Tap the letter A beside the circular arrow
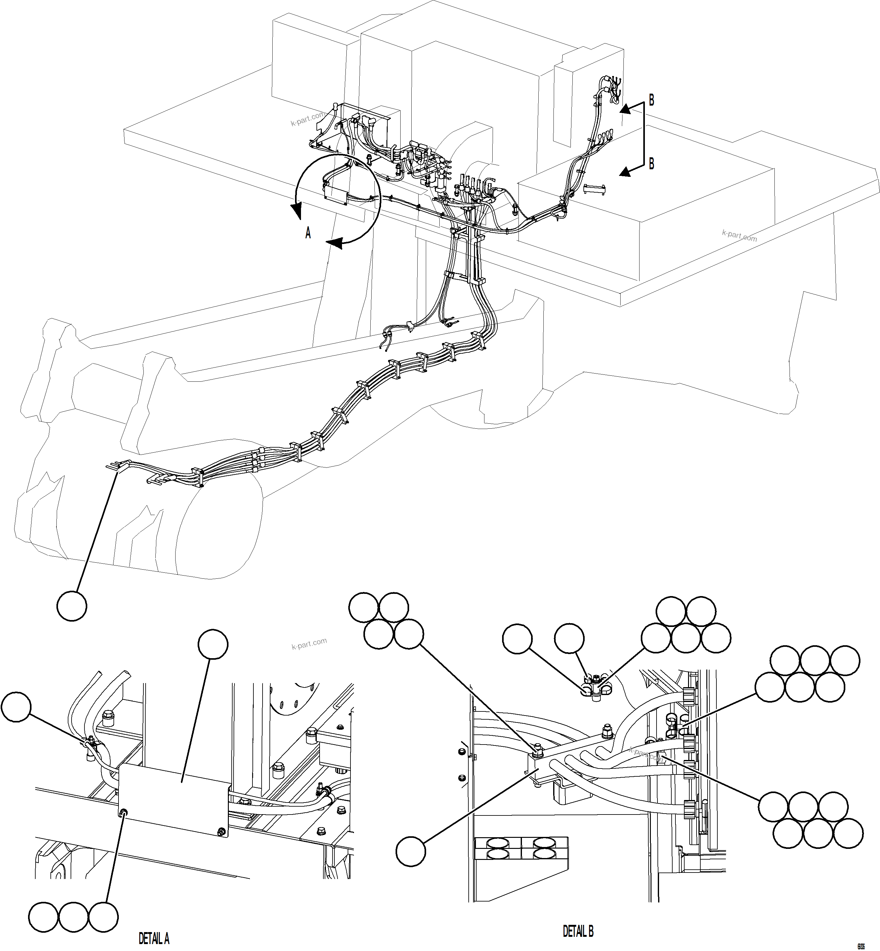pyautogui.click(x=308, y=233)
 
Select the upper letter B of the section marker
pyautogui.click(x=651, y=101)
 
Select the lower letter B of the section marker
pyautogui.click(x=651, y=163)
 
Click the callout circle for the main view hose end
pyautogui.click(x=72, y=606)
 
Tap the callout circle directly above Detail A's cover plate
pyautogui.click(x=213, y=644)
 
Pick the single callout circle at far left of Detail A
pyautogui.click(x=16, y=707)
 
